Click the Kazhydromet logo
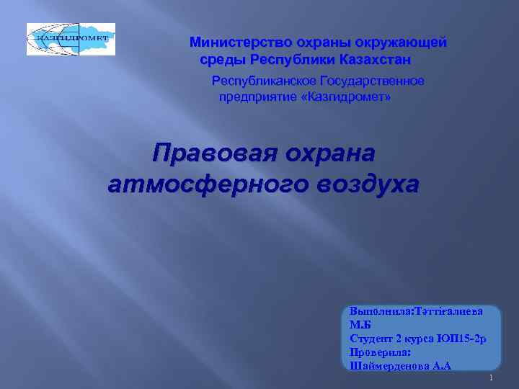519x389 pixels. pyautogui.click(x=71, y=39)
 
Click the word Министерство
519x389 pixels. pyautogui.click(x=231, y=43)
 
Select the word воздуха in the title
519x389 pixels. pyautogui.click(x=365, y=184)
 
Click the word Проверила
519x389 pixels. pyautogui.click(x=379, y=352)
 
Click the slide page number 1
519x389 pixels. pyautogui.click(x=490, y=378)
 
